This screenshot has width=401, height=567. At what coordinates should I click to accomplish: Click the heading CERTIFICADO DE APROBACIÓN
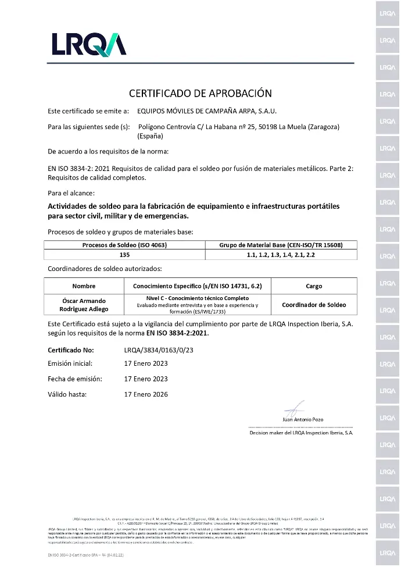point(200,93)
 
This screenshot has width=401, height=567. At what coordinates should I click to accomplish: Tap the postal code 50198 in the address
point(266,127)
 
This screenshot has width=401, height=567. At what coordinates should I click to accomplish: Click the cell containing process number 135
point(124,255)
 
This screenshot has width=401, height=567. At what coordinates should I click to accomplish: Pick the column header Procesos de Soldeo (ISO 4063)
point(124,245)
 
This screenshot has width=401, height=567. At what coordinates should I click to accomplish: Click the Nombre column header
point(84,286)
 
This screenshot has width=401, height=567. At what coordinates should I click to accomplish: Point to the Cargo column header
point(314,286)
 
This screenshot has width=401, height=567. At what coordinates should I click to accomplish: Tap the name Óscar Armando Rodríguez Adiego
point(84,305)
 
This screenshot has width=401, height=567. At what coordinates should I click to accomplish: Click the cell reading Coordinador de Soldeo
point(314,305)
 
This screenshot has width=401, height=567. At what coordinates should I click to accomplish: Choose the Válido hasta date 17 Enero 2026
point(146,394)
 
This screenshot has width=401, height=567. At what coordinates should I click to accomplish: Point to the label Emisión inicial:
point(70,363)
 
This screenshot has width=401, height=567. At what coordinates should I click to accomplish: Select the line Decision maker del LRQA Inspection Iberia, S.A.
point(301,433)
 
